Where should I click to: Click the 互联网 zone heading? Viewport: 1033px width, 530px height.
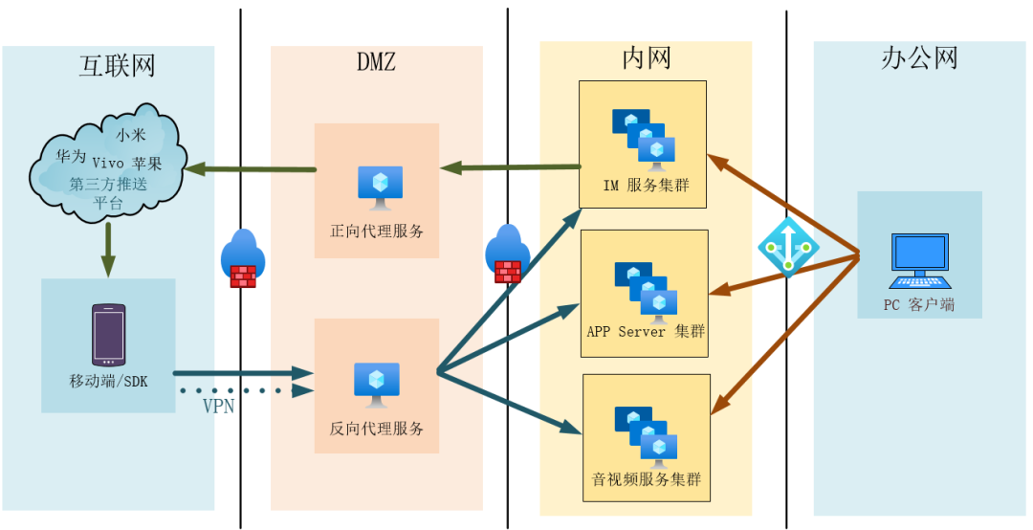coord(116,66)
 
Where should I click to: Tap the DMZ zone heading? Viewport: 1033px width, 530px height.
coord(376,63)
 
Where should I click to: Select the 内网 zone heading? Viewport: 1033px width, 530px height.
coord(646,58)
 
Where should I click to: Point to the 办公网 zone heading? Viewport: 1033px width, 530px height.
coord(918,59)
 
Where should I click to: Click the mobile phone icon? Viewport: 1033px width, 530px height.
coord(108,335)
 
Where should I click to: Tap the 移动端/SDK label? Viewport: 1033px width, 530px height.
coord(108,381)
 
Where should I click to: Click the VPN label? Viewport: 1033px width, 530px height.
coord(217,406)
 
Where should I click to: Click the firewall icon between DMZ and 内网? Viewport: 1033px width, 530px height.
coord(507,254)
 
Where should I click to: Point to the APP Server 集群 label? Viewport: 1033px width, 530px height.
coord(646,332)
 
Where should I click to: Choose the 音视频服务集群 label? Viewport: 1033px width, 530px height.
coord(646,478)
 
